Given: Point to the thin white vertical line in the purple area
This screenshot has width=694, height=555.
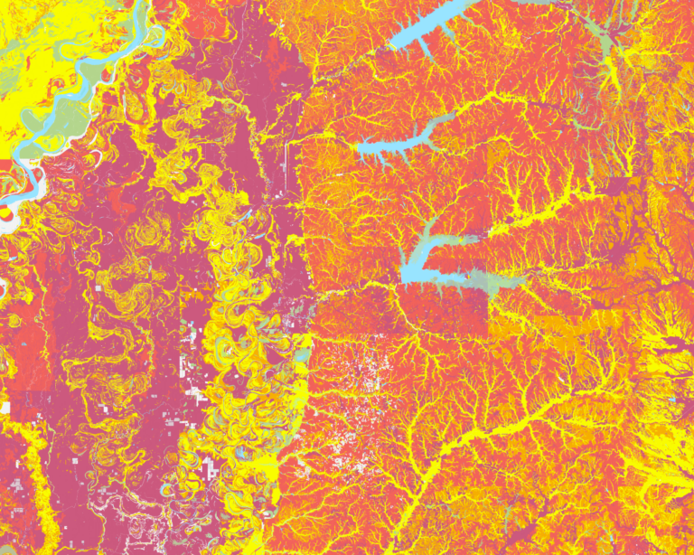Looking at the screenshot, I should click(287, 167).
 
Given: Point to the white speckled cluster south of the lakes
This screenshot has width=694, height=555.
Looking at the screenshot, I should click(361, 380).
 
